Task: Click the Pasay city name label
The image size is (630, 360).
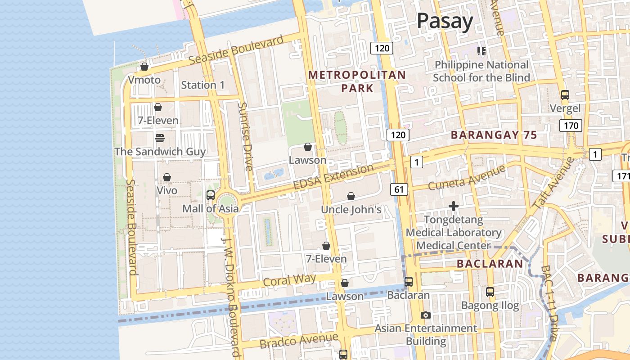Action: pyautogui.click(x=445, y=21)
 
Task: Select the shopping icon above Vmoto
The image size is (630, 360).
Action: pyautogui.click(x=144, y=67)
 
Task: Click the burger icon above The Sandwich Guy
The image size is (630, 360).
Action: pyautogui.click(x=160, y=138)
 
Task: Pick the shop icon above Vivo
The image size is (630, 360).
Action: pyautogui.click(x=167, y=177)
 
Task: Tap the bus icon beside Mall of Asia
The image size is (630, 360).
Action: pyautogui.click(x=211, y=195)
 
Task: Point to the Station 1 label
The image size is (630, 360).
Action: pyautogui.click(x=202, y=85)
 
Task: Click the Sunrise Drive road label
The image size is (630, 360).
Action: pyautogui.click(x=245, y=136)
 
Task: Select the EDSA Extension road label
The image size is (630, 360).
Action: pyautogui.click(x=333, y=177)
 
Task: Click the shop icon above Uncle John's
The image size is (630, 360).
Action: pyautogui.click(x=351, y=196)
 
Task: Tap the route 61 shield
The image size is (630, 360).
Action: pyautogui.click(x=399, y=189)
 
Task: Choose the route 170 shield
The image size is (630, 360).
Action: pyautogui.click(x=571, y=126)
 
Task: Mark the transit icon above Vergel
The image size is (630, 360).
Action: pyautogui.click(x=565, y=95)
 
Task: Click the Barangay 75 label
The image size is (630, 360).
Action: pyautogui.click(x=494, y=135)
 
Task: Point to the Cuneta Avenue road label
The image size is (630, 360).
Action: pyautogui.click(x=467, y=177)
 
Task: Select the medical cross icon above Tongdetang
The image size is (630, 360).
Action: pyautogui.click(x=454, y=207)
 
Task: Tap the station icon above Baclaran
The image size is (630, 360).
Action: pyautogui.click(x=409, y=282)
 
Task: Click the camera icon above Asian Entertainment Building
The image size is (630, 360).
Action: pyautogui.click(x=426, y=315)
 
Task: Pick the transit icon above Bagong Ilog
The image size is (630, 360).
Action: pyautogui.click(x=490, y=292)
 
